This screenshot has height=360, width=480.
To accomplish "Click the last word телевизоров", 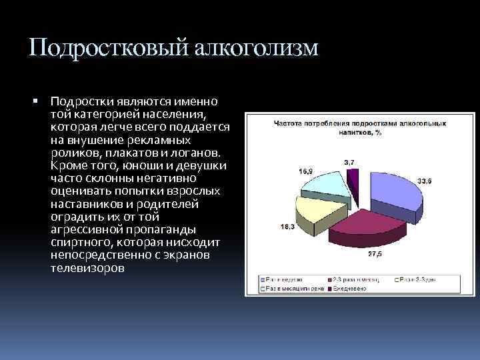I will pos(87,267).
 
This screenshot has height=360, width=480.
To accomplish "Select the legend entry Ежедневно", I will pos(343,288).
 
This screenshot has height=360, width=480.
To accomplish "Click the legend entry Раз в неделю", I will pos(281,279).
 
